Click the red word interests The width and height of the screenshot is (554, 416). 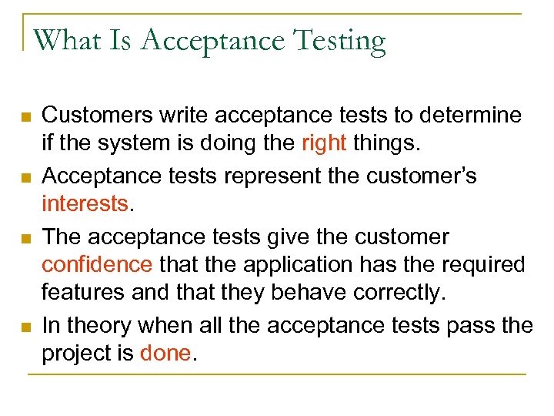[85, 205]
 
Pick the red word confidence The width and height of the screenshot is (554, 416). [97, 265]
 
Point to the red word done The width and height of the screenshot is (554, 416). [166, 354]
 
